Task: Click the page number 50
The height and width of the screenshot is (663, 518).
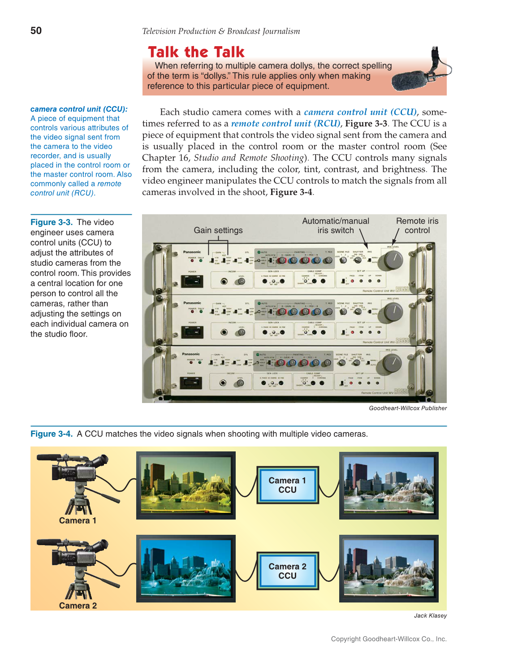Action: coord(36,30)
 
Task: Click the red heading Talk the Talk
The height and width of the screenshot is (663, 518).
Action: coord(196,52)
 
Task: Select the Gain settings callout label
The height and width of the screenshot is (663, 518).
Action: coord(218,230)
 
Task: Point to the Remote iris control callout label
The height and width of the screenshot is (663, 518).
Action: coord(417,225)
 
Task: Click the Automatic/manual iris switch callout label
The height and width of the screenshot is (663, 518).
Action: coord(336,225)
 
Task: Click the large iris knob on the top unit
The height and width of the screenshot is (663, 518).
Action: coord(393,260)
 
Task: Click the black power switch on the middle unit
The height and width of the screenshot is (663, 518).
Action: coord(192,332)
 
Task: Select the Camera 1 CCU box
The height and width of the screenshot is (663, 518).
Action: coord(287,485)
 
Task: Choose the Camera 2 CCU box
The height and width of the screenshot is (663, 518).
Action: coord(287,571)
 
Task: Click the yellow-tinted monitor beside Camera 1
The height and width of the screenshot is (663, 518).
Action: coord(186,485)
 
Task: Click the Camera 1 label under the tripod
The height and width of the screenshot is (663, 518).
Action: coord(78,520)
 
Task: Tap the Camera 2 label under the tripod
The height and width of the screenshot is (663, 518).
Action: coord(78,606)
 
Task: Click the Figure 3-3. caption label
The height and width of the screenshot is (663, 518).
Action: coord(52,222)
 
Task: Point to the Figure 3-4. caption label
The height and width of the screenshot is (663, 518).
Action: coord(52,434)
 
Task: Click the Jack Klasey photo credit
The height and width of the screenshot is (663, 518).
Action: coord(430,615)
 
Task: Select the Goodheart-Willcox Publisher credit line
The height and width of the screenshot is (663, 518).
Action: coord(408,408)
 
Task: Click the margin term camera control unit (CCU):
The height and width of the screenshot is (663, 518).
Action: coord(79,109)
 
